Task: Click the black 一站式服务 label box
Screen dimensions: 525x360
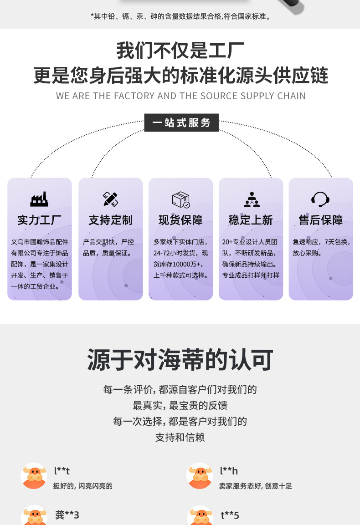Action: tap(181, 123)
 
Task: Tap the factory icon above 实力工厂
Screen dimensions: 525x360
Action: tap(39, 199)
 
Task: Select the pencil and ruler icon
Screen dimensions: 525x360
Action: tap(110, 199)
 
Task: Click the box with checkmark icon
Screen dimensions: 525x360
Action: tap(180, 199)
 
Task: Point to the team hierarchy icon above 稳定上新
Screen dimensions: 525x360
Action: tap(251, 199)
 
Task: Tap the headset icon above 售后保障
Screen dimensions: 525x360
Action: tap(320, 199)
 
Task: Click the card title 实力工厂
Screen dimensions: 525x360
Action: tap(39, 220)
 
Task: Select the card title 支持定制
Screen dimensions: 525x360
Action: tap(110, 220)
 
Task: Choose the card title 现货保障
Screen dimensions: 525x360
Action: tap(180, 220)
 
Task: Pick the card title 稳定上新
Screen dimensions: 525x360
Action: tap(251, 220)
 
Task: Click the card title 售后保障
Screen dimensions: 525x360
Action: tap(321, 220)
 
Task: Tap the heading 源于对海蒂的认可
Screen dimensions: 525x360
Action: tap(180, 360)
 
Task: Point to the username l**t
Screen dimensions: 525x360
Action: tap(62, 471)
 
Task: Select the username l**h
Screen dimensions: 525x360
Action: tap(229, 471)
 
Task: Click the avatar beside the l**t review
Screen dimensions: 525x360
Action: tap(34, 476)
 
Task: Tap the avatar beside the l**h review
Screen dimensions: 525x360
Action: tap(200, 476)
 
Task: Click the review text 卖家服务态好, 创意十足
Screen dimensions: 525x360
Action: tap(255, 486)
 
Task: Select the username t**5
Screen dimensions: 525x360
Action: tap(230, 515)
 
